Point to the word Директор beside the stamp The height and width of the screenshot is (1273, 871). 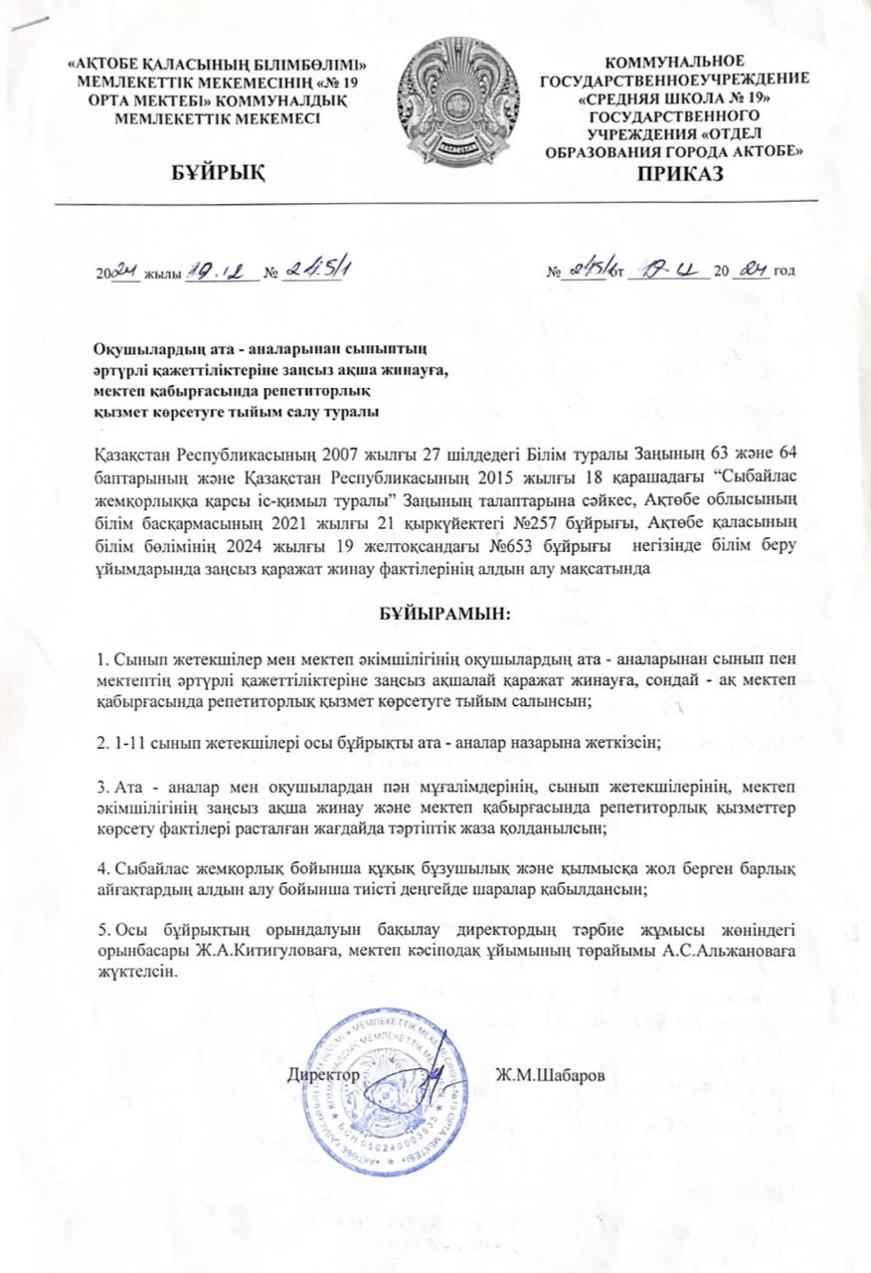pyautogui.click(x=323, y=1075)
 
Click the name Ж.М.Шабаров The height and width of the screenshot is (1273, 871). pyautogui.click(x=550, y=1075)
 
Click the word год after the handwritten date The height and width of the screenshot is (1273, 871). pyautogui.click(x=783, y=272)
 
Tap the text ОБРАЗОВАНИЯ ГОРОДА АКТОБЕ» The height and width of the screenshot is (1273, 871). pyautogui.click(x=675, y=150)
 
